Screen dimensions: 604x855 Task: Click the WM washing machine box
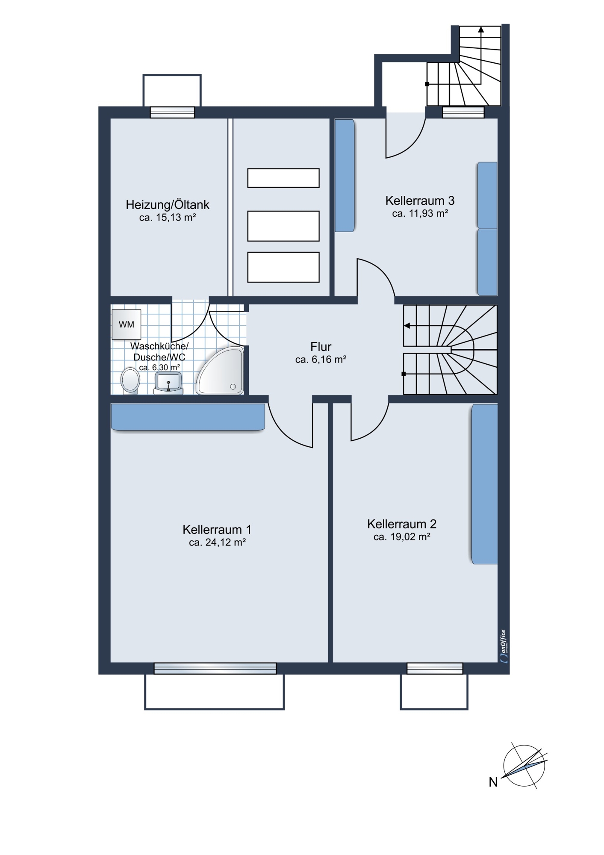(127, 324)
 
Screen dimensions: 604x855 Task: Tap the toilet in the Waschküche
(130, 380)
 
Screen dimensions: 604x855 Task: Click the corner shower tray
(220, 371)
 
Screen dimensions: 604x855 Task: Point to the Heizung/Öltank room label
(168, 205)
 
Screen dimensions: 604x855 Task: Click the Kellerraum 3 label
(420, 200)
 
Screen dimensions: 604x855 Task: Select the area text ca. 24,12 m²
(217, 542)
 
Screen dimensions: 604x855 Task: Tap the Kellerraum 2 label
(402, 524)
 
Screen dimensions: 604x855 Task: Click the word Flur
(321, 347)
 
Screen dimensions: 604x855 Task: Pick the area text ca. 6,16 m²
(321, 360)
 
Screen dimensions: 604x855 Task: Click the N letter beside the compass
(493, 782)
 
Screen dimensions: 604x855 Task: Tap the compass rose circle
(524, 765)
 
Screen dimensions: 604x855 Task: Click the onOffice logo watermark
(504, 646)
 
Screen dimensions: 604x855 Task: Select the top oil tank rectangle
(283, 178)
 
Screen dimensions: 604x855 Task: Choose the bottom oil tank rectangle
(283, 267)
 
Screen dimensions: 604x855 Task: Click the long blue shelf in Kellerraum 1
(188, 417)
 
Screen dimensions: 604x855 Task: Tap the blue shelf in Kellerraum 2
(485, 484)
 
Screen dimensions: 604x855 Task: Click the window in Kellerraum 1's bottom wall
(215, 669)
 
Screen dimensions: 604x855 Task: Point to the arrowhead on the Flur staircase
(407, 326)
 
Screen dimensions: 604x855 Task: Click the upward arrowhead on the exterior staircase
(481, 29)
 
